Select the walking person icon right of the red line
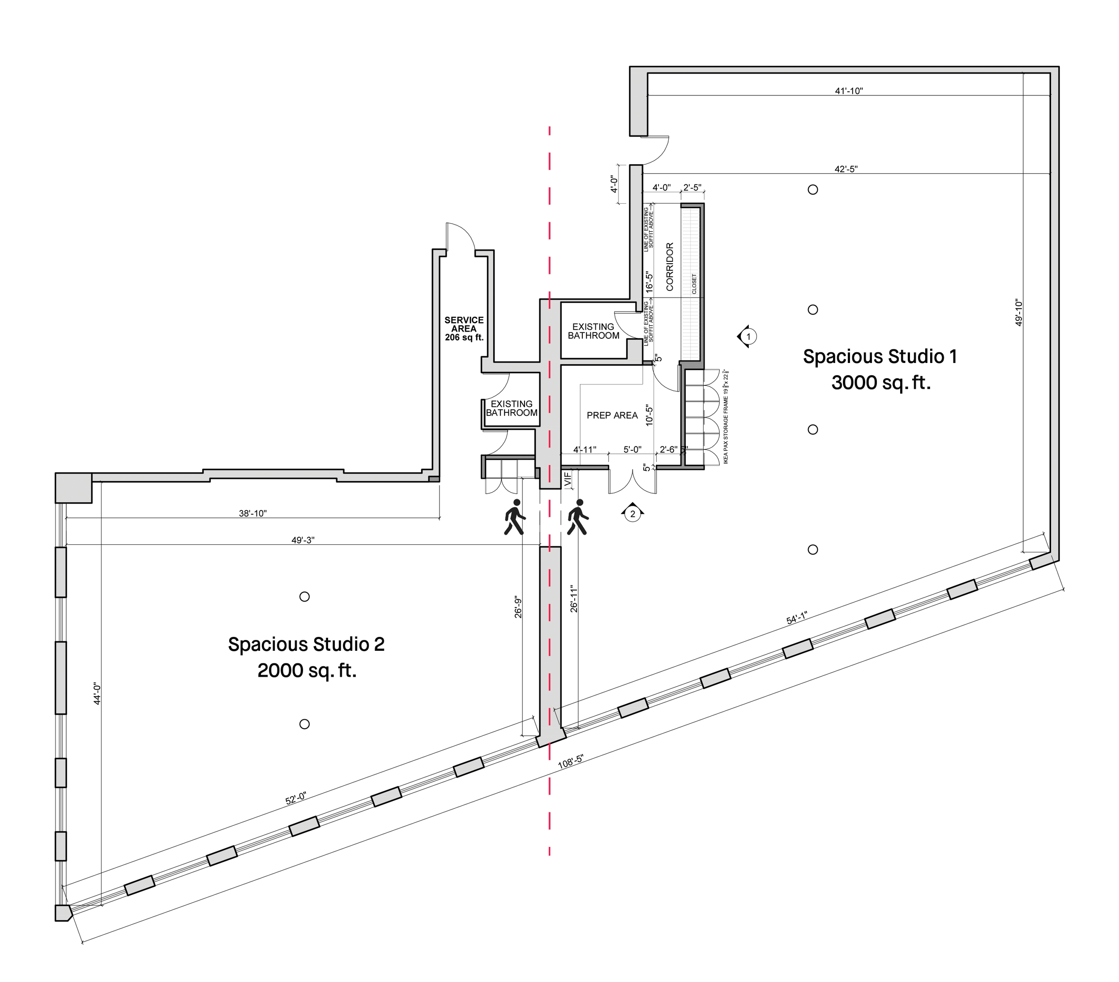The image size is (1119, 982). tap(577, 518)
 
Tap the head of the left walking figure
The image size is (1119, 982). tap(516, 503)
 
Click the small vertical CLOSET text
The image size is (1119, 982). tap(695, 284)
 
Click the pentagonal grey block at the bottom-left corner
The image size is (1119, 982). tap(63, 913)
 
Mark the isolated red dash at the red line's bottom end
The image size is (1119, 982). tap(549, 852)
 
